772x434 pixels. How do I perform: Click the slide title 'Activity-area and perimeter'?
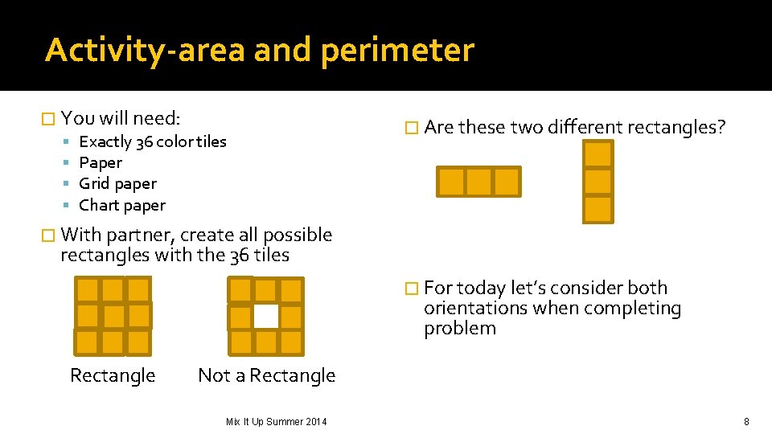pos(259,50)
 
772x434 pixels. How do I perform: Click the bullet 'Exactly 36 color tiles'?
pos(152,141)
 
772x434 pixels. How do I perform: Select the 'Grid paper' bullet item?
pos(117,184)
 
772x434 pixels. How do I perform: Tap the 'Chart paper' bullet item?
pos(122,206)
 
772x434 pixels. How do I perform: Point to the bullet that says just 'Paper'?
pos(101,163)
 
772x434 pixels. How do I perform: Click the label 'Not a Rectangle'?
pos(266,375)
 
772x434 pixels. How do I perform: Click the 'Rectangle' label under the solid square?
pos(113,375)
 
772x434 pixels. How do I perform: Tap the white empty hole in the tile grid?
pos(266,316)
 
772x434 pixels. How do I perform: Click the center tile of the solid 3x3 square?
pos(113,316)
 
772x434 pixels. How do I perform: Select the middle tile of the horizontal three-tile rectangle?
pos(478,182)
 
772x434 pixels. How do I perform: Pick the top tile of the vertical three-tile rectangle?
pos(597,154)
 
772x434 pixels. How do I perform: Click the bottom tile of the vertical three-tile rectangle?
pos(597,209)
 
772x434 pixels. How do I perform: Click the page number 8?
pos(746,421)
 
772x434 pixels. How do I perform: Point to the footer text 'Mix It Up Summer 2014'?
pos(276,421)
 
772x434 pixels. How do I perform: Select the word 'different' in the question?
pos(585,127)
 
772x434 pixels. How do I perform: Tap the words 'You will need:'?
pos(121,119)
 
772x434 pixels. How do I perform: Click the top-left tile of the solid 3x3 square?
pos(88,290)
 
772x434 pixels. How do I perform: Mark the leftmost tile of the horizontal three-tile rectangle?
pos(451,182)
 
